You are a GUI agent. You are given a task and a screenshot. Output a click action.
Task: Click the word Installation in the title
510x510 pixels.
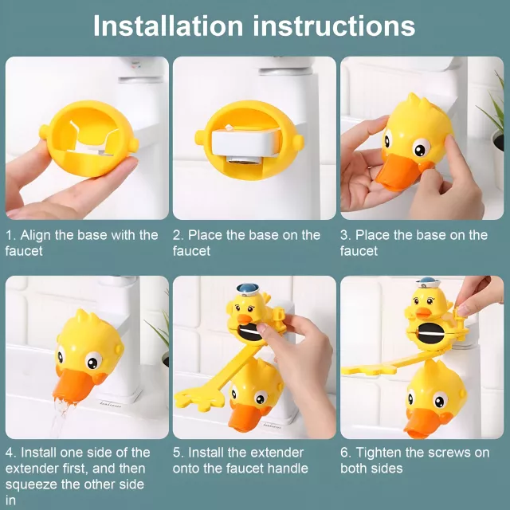coord(168,25)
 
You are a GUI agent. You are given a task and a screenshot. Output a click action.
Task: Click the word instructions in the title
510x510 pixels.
coord(334,25)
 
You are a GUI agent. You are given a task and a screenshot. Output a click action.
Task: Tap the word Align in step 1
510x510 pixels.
coord(36,236)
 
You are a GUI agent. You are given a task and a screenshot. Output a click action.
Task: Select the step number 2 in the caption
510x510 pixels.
coord(178,235)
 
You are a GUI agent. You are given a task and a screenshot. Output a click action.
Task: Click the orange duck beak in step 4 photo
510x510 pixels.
coord(73,384)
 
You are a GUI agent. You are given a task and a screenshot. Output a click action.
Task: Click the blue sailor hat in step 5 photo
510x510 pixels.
coord(248,288)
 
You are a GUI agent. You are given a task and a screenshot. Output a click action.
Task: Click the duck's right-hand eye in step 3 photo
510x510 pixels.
coord(422,148)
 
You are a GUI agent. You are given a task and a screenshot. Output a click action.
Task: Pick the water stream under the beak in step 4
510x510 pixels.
coord(58,418)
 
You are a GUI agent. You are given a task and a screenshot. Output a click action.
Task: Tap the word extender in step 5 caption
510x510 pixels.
coord(277,453)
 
